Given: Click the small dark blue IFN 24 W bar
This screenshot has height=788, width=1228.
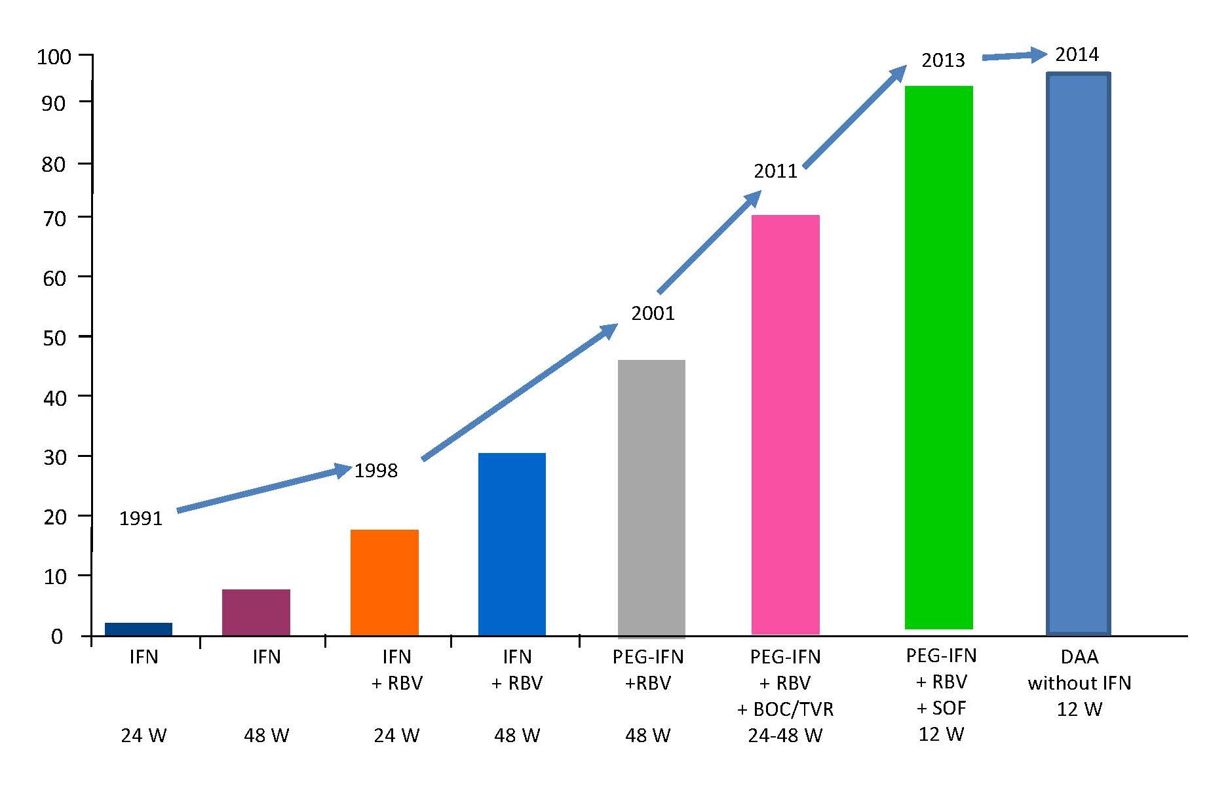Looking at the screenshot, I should (x=138, y=629).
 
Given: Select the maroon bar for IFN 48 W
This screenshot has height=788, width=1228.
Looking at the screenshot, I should (x=256, y=612).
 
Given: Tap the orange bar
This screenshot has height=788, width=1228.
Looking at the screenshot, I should (x=384, y=582).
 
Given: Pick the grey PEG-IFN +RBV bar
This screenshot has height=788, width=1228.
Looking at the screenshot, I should (x=651, y=498).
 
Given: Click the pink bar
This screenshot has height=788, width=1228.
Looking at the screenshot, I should (x=785, y=425).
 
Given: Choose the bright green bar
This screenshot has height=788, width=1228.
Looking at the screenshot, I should (x=938, y=357).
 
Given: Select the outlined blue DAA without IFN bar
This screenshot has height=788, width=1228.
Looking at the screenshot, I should (x=1078, y=354).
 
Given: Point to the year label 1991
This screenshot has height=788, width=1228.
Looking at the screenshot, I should (x=140, y=519).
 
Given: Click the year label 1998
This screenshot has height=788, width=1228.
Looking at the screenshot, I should (x=376, y=471).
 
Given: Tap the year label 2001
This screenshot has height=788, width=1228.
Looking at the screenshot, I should (x=653, y=313).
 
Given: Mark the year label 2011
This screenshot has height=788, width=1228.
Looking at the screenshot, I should (x=775, y=171).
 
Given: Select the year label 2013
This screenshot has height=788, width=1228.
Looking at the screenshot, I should (x=943, y=60).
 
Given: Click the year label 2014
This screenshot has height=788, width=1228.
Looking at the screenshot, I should (x=1077, y=54).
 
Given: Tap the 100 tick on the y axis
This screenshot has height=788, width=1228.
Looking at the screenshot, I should (x=54, y=57).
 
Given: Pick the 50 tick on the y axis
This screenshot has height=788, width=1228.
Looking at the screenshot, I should (x=54, y=338).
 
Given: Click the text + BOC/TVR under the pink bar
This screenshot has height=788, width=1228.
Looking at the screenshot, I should (x=785, y=709).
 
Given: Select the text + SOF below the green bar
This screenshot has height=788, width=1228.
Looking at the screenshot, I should (x=941, y=708).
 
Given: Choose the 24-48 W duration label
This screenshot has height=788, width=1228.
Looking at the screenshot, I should (x=785, y=736).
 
